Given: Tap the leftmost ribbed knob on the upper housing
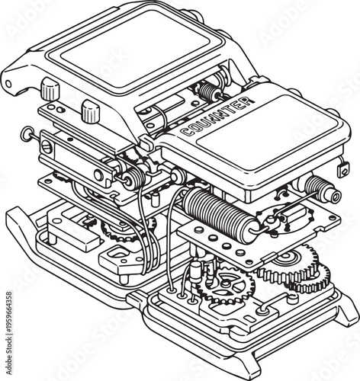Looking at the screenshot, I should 51,90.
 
